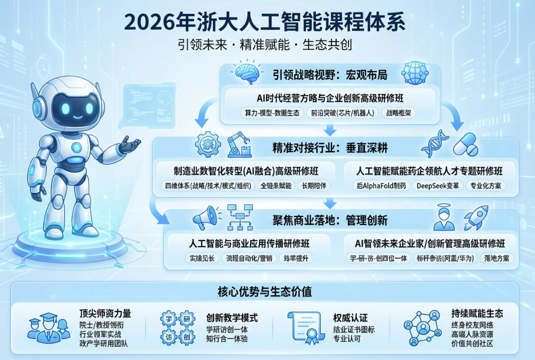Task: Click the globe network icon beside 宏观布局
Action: click(415, 73)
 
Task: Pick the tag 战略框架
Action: click(399, 113)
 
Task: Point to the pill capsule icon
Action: click(465, 145)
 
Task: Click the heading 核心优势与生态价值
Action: click(265, 291)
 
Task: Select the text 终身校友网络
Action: click(472, 325)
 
